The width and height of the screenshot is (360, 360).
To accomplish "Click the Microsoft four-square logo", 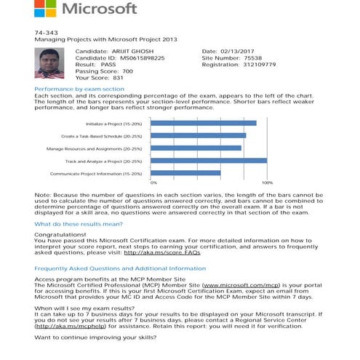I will pyautogui.click(x=45, y=9).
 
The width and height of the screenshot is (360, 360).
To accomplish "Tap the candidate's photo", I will pyautogui.click(x=49, y=63).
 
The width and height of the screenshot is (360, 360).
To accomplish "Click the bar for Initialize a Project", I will pyautogui.click(x=203, y=123).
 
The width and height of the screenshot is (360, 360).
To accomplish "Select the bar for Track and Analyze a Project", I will pyautogui.click(x=208, y=160).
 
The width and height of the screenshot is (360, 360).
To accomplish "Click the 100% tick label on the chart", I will pyautogui.click(x=267, y=183).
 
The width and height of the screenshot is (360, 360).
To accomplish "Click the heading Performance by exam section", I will pyautogui.click(x=79, y=89).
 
